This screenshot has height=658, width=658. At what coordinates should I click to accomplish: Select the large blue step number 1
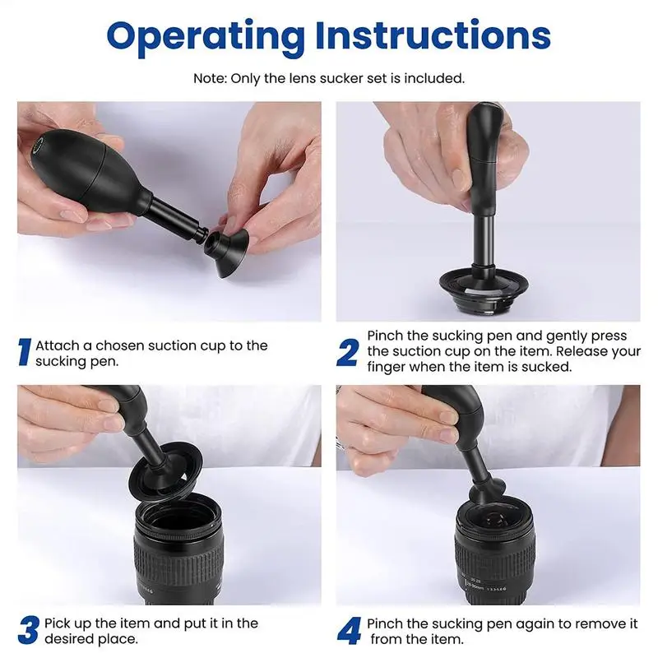pos(25,353)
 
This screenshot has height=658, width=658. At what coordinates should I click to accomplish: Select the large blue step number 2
pos(347,353)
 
